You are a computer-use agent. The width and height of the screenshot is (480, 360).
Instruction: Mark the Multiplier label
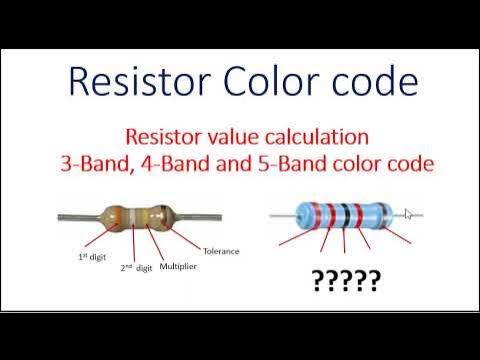tap(176, 267)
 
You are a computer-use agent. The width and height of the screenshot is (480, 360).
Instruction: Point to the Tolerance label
tap(221, 251)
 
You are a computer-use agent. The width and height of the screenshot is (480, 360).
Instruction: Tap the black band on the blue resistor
tap(344, 213)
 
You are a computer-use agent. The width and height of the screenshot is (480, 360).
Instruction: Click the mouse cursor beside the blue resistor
tap(409, 213)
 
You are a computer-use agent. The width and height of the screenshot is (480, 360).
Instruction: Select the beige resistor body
tap(140, 216)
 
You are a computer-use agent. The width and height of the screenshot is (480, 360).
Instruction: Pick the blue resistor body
tap(350, 213)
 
